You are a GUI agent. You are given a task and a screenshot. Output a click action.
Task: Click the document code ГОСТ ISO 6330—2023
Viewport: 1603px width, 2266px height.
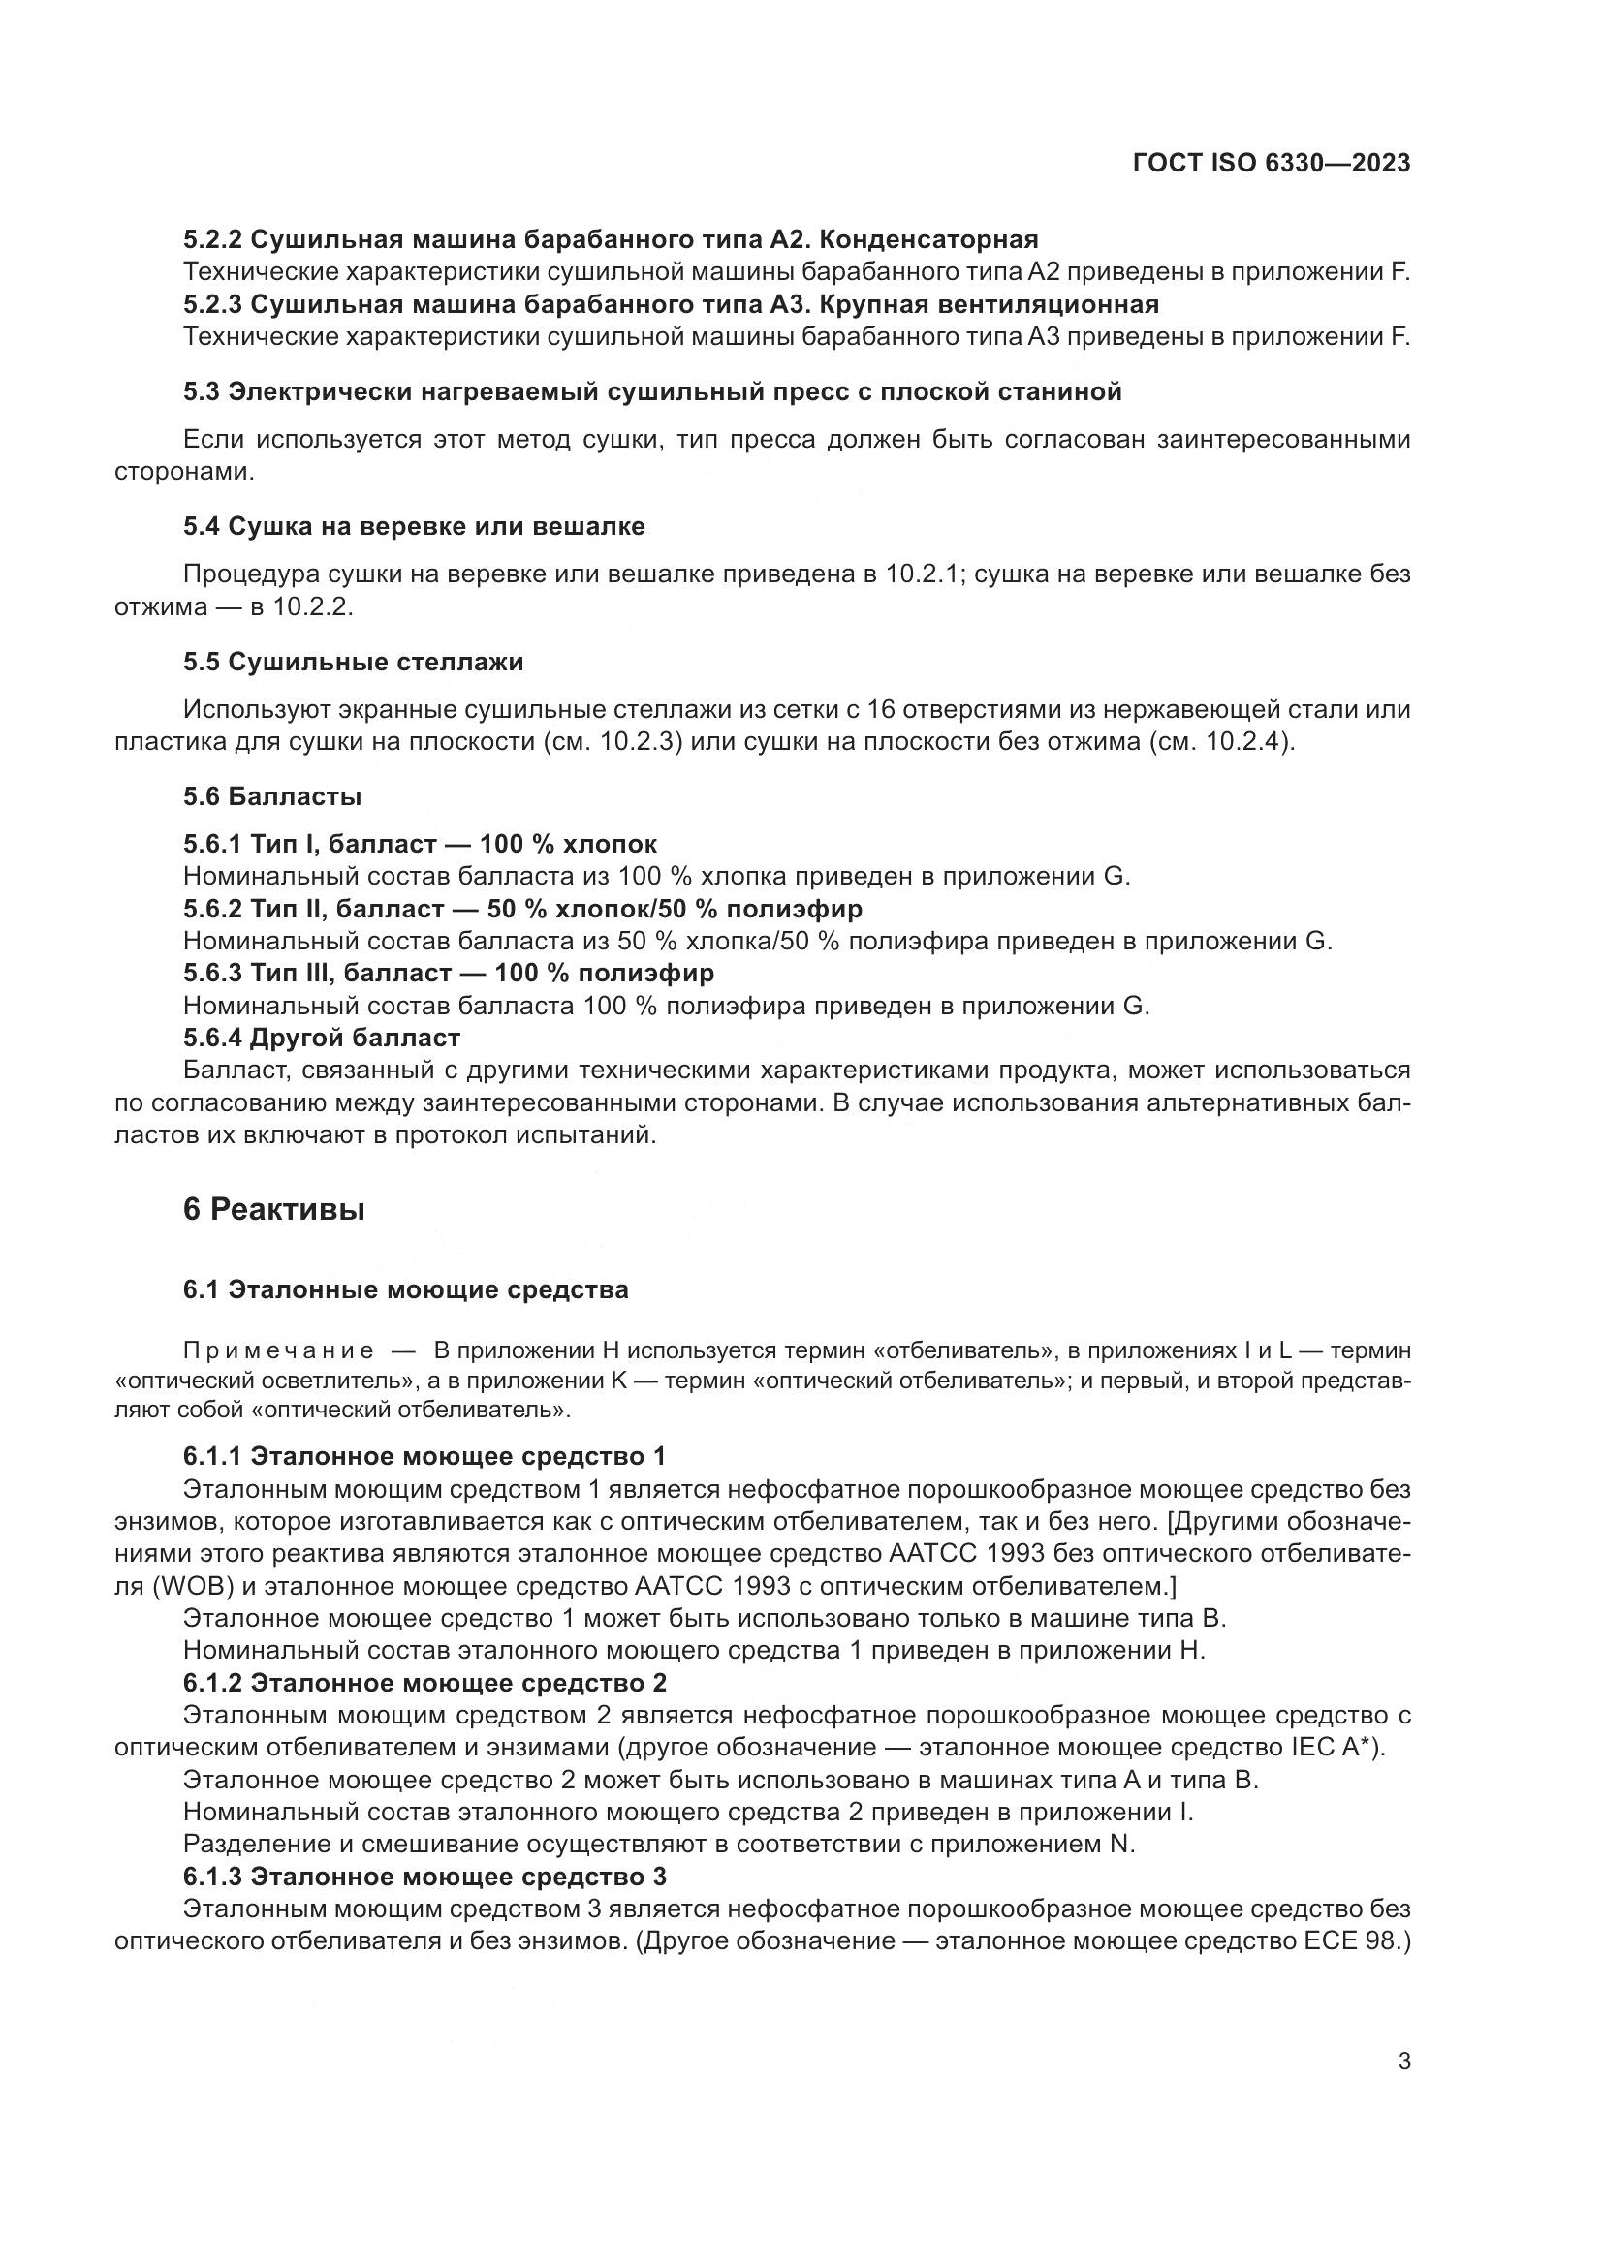pos(1272,163)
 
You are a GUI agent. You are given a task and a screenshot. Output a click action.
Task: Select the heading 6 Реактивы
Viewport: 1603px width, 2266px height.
pos(273,1209)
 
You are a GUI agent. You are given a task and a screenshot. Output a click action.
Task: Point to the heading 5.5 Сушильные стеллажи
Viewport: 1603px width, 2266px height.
pos(353,662)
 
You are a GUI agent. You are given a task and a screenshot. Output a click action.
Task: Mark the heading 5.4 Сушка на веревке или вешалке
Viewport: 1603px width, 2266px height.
pos(414,526)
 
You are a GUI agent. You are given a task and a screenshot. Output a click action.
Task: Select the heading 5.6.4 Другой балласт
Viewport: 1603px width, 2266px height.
pos(322,1038)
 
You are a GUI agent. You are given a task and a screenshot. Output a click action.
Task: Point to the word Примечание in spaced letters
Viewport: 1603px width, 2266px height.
pos(278,1350)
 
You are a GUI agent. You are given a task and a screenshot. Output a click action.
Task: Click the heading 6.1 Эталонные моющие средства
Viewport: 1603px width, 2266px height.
pos(405,1289)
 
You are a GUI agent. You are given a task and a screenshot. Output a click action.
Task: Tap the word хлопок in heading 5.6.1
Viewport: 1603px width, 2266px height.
pos(609,844)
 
